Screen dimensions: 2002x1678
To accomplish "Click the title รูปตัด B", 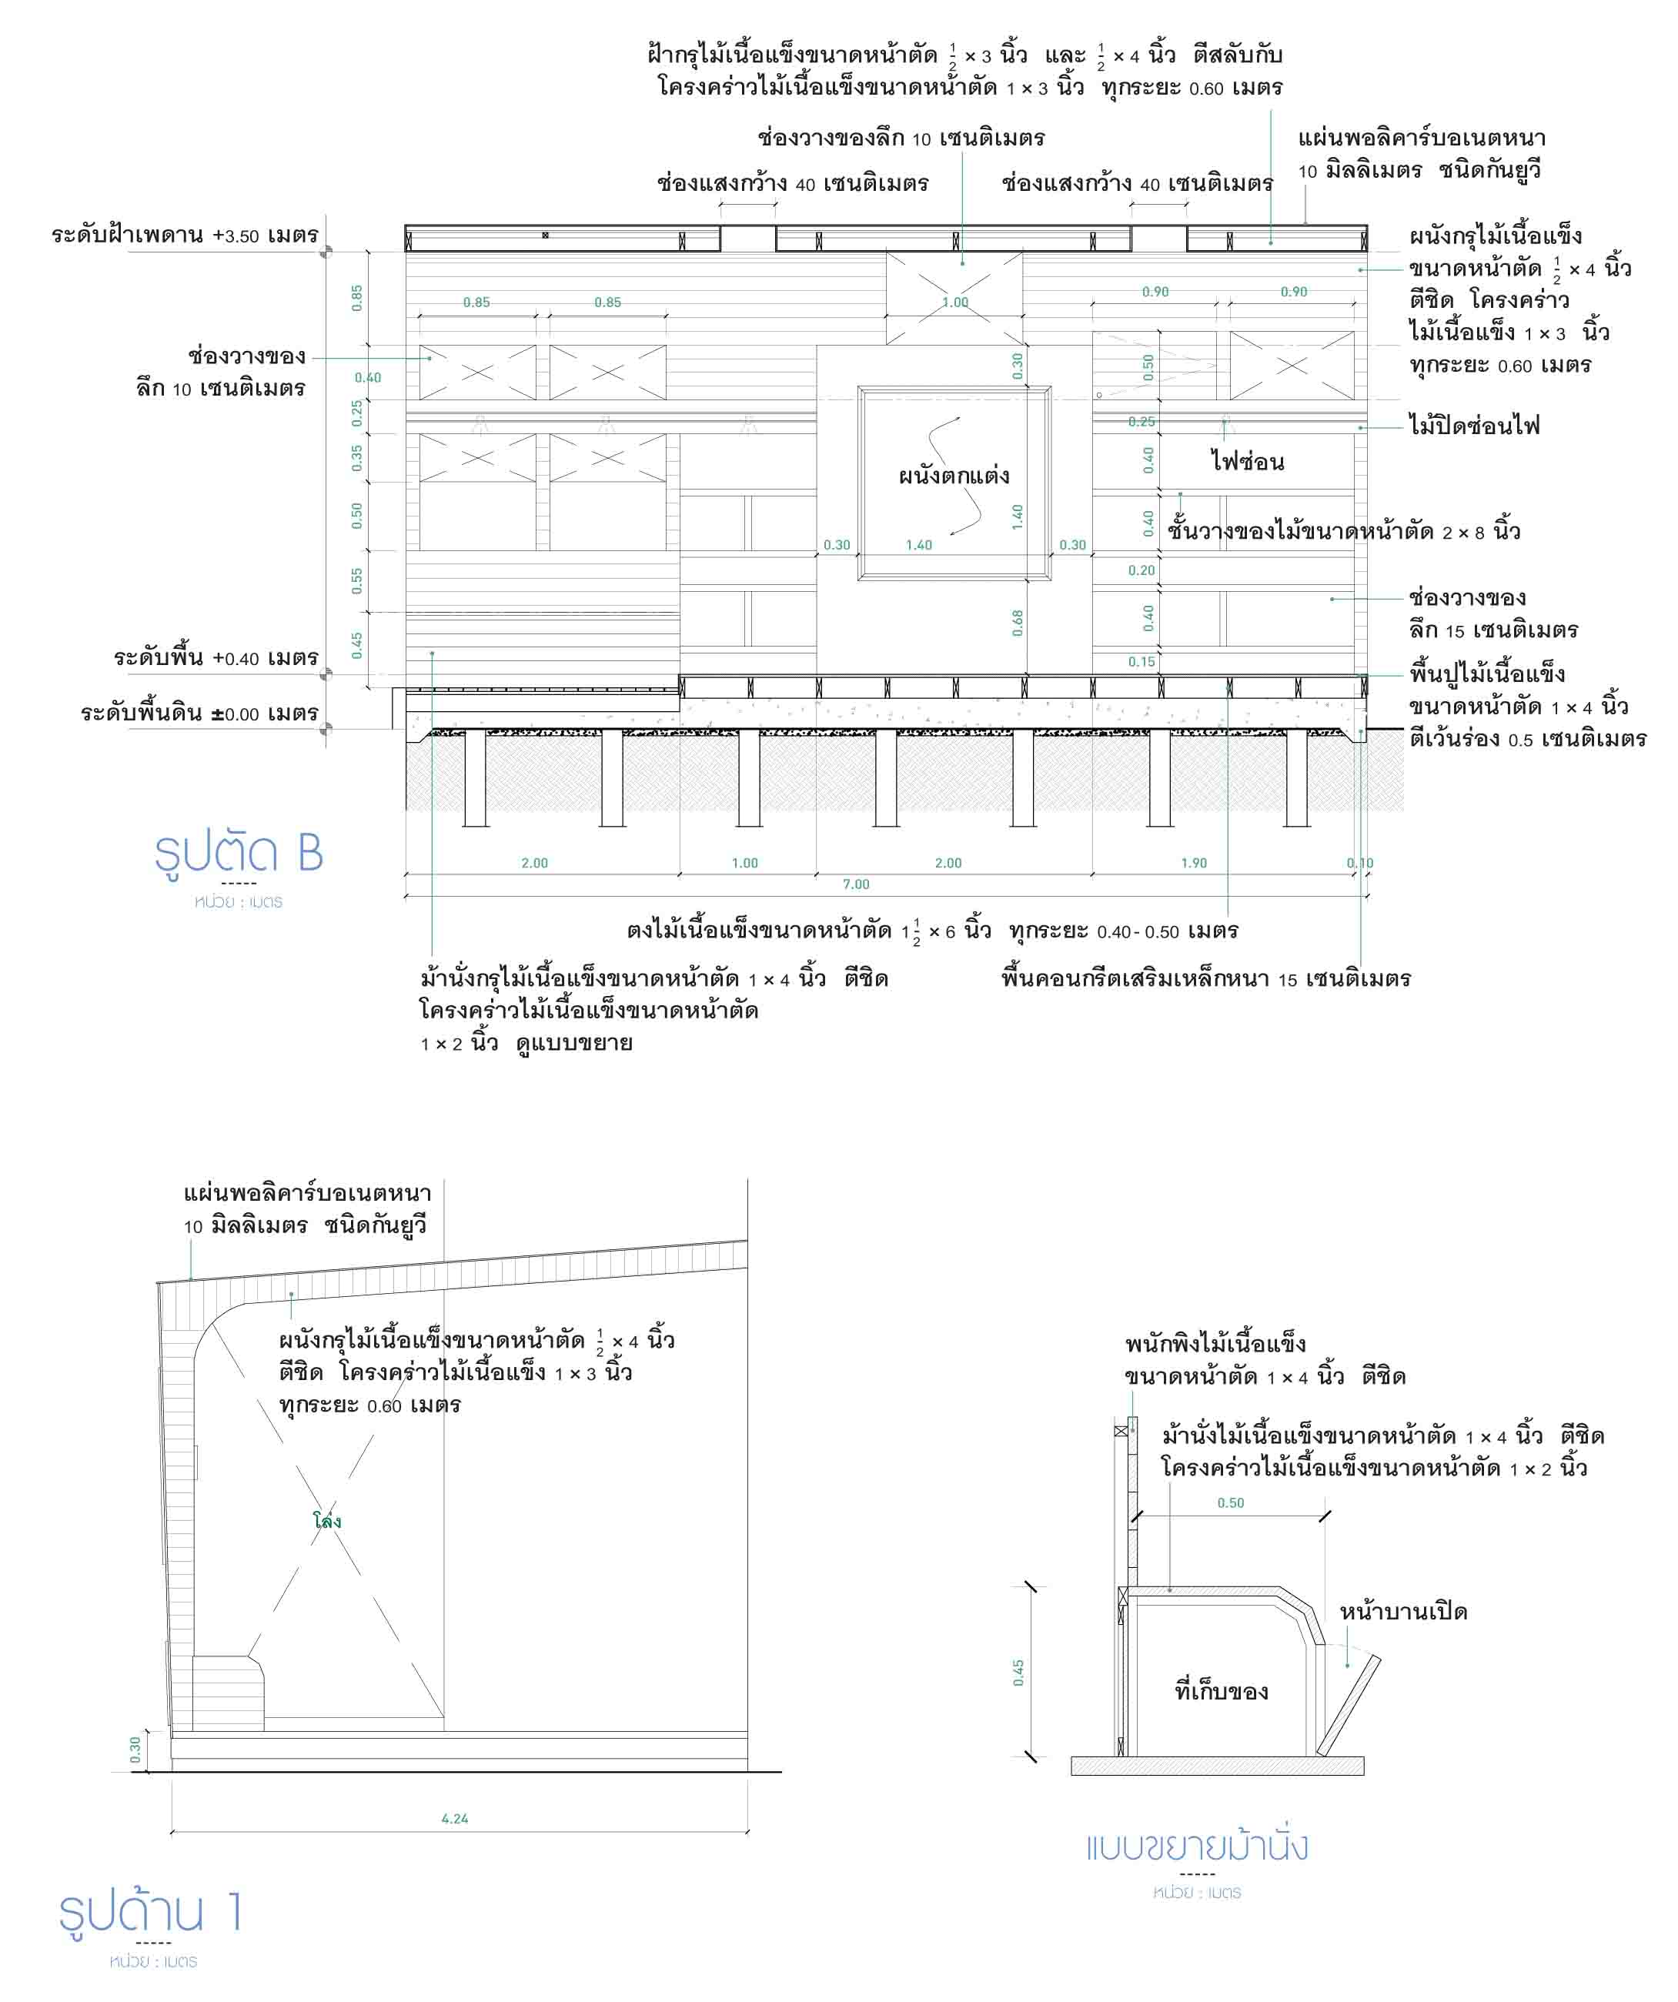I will [x=239, y=854].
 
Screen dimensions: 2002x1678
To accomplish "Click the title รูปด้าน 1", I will [x=151, y=1913].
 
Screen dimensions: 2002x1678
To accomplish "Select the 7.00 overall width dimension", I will [x=855, y=884].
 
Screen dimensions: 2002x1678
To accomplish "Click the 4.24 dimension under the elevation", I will [x=455, y=1819].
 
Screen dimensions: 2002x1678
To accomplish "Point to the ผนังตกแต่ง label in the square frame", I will [x=954, y=476].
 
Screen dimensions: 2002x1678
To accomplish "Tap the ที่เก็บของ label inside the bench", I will [x=1222, y=1692].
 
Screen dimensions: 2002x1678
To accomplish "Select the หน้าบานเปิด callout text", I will [x=1403, y=1612].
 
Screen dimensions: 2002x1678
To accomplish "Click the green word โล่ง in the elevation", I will [x=327, y=1522].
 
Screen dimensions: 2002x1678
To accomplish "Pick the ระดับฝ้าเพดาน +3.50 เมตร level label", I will [x=185, y=236].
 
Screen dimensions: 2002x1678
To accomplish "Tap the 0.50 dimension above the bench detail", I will [x=1230, y=1503].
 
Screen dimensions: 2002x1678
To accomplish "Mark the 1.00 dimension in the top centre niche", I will [x=954, y=303].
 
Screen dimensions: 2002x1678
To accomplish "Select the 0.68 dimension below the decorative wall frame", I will [x=1018, y=623].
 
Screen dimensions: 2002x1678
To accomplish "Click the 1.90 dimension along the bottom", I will [x=1194, y=864].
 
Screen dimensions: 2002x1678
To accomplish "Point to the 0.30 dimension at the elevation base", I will [x=135, y=1749].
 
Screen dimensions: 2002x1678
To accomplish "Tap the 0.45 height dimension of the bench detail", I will [x=1018, y=1672].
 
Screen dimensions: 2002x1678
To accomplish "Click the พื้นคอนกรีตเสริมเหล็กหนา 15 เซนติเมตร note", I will [x=1206, y=979].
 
